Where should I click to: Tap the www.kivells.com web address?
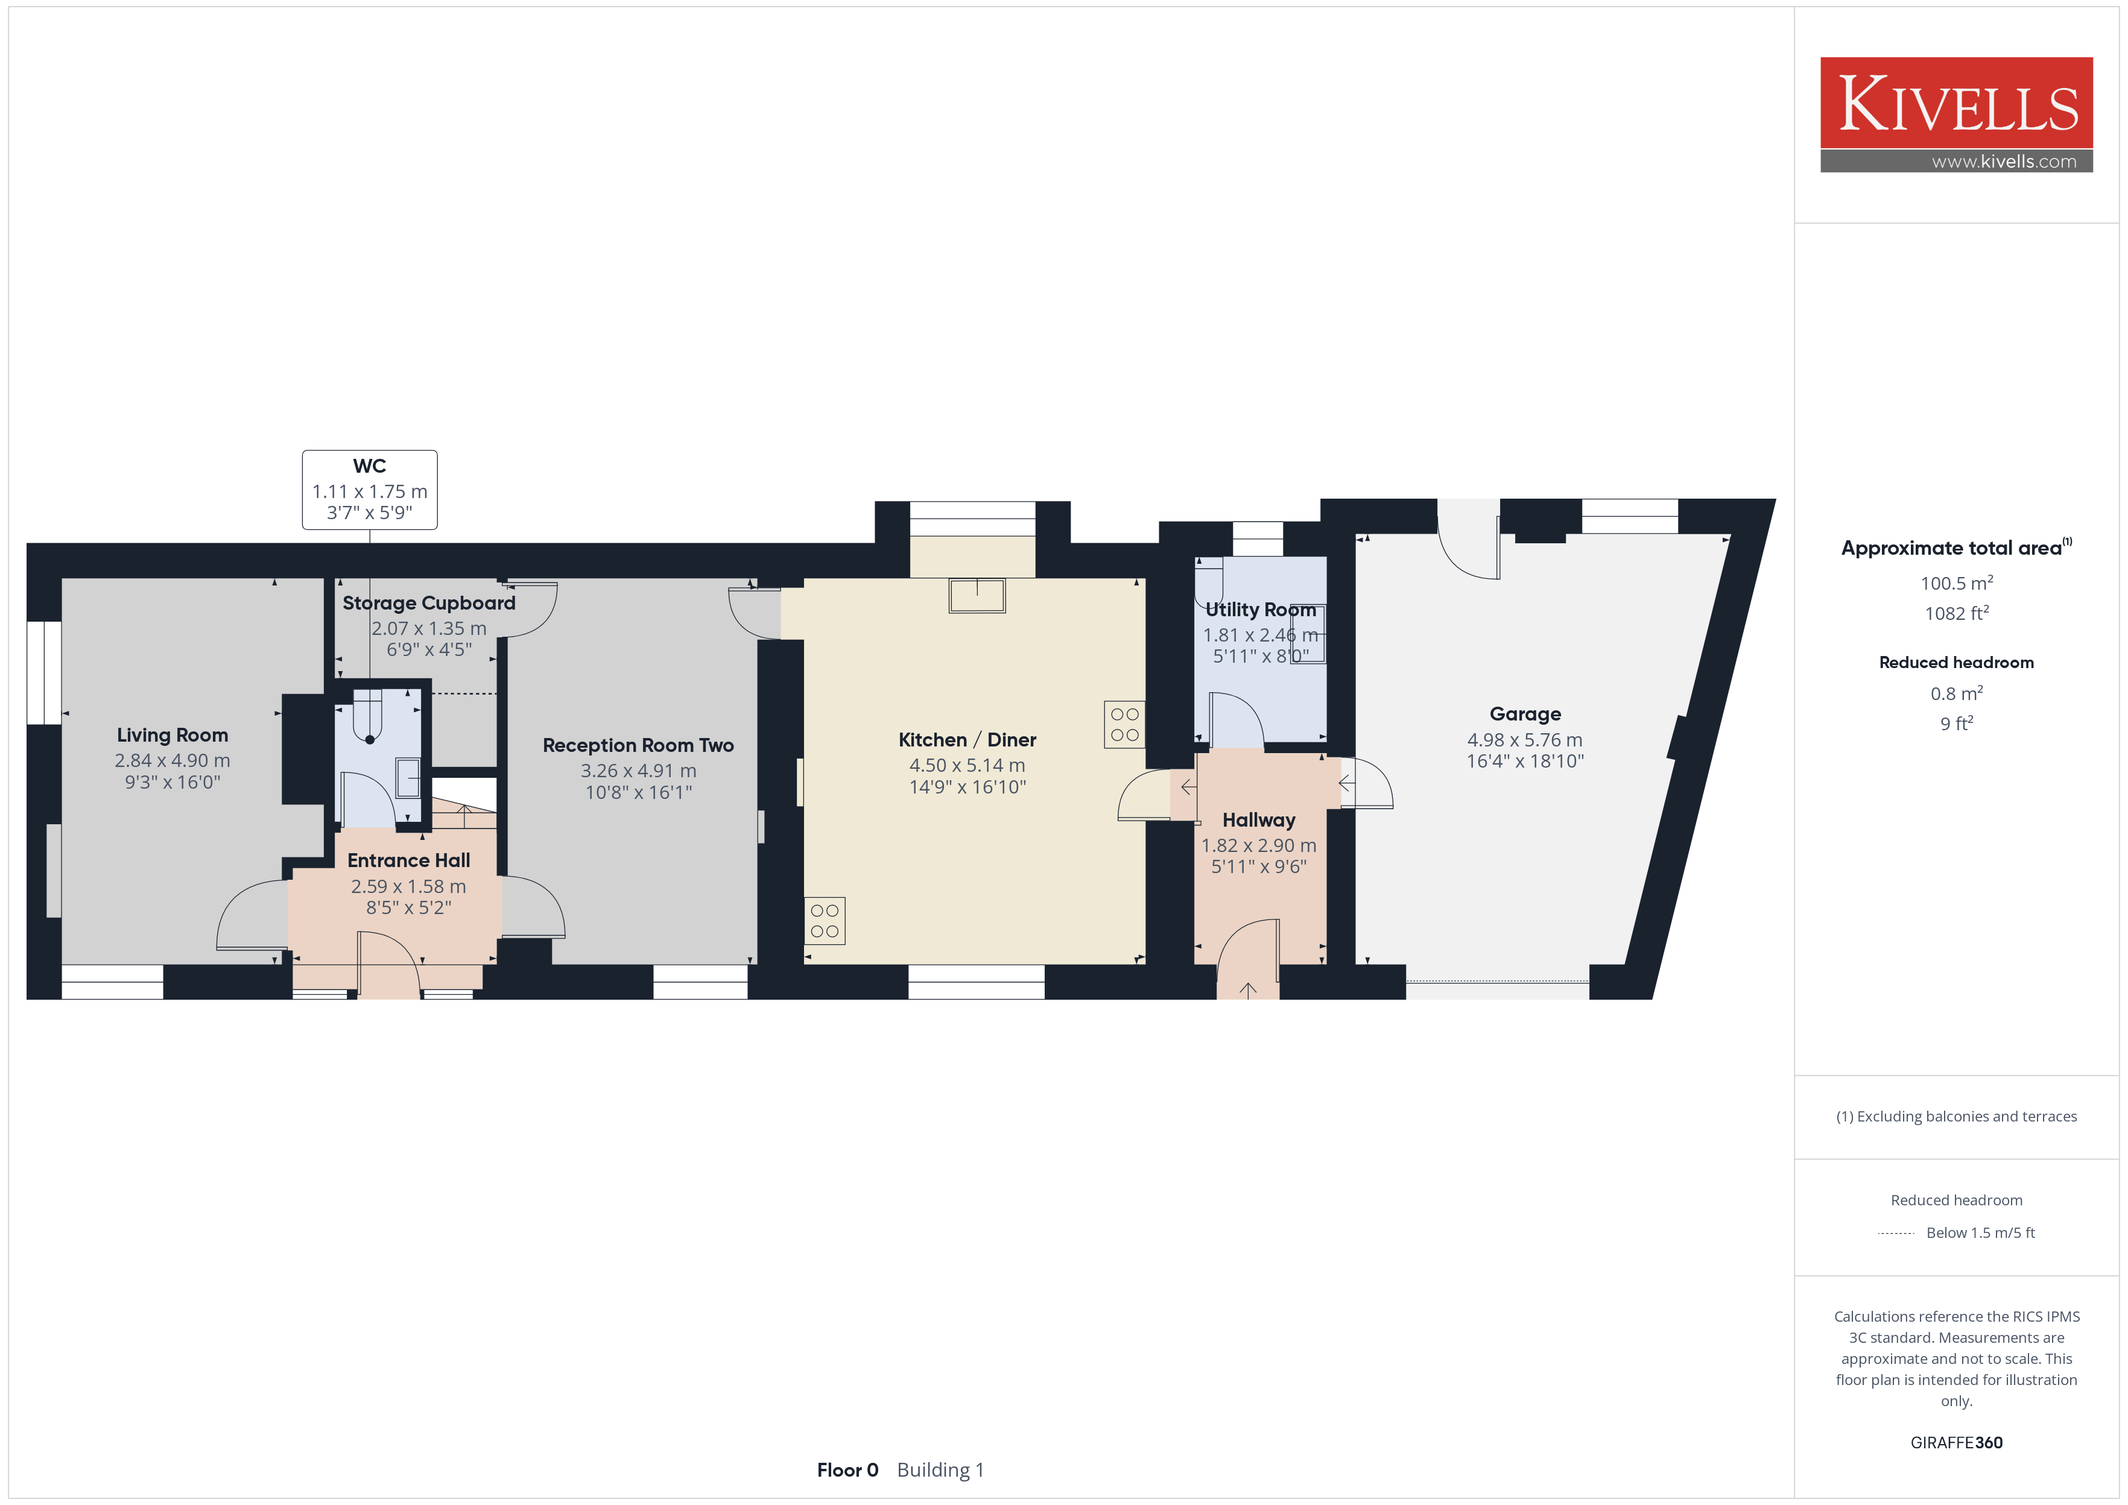pos(2004,161)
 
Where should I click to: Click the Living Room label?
pos(173,735)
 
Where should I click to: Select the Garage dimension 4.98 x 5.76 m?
pos(1525,739)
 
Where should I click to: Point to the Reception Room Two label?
pos(639,745)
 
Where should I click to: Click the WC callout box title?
pos(370,466)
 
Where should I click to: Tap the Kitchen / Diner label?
pos(967,739)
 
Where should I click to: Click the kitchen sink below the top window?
pos(977,596)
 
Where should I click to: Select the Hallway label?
pos(1259,820)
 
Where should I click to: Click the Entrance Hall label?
pos(409,860)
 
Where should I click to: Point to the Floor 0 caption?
pos(847,1471)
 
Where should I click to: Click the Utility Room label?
pos(1261,610)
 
